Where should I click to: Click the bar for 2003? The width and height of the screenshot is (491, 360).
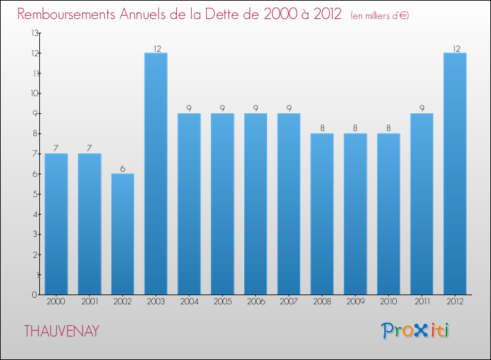156,173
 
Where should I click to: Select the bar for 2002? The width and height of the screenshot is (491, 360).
122,234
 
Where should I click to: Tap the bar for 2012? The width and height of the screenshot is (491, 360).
455,173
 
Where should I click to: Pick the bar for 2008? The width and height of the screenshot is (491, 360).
322,214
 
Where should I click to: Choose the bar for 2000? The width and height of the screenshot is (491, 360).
56,224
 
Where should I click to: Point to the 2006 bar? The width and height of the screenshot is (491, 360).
255,204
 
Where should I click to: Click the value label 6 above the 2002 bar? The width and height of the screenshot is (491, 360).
122,169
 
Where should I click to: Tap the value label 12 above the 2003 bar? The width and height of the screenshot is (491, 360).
156,48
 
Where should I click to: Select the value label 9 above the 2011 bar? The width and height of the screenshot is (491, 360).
422,109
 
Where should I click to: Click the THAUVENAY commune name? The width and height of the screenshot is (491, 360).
62,331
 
